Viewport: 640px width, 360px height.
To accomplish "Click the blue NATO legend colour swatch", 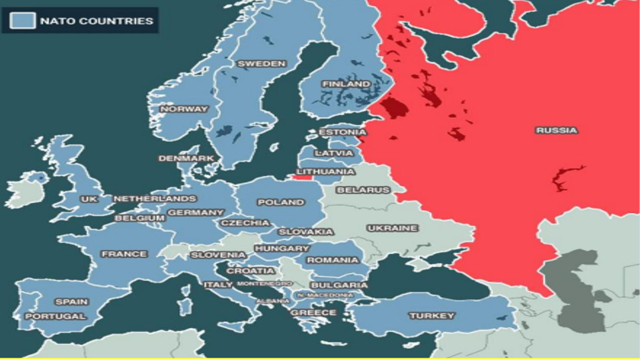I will point(22,21).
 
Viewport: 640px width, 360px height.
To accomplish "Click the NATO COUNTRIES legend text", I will point(97,21).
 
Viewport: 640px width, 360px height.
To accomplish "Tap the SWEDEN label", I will point(262,64).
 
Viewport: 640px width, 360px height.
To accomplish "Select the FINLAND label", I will point(346,84).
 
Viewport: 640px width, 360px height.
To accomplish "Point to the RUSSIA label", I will point(556,130).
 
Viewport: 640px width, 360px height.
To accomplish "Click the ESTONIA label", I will point(342,132).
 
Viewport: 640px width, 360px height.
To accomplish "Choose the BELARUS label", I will point(363,190).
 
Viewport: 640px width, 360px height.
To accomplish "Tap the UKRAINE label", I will point(392,228).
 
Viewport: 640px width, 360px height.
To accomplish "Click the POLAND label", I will point(281,202).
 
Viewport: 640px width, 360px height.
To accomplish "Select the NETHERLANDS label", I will point(155,199).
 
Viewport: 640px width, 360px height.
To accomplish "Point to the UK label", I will point(89,199).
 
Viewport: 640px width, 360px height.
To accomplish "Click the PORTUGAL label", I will point(56,316).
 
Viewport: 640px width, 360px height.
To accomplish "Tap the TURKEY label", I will point(432,316).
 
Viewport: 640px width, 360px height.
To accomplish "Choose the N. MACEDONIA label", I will point(325,295).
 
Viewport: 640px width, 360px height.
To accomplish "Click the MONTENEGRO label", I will point(264,284).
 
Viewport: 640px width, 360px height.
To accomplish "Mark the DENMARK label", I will point(186,158).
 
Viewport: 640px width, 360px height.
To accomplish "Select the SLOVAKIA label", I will point(306,232).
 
